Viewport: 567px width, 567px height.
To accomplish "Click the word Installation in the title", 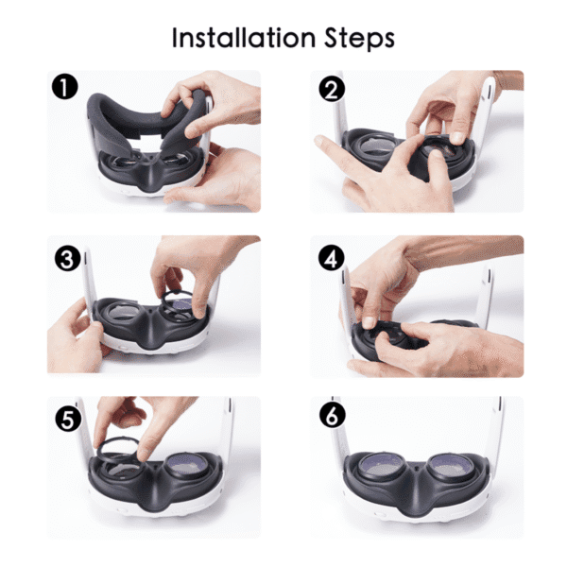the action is click(x=244, y=38).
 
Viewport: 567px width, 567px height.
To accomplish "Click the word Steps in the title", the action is click(x=359, y=39).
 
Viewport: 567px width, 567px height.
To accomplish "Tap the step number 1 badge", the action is click(x=65, y=88).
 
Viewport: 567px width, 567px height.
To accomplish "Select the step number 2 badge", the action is click(x=332, y=89).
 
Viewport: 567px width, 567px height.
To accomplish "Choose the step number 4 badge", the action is click(x=332, y=258).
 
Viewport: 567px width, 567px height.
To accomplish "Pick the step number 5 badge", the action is click(x=68, y=420).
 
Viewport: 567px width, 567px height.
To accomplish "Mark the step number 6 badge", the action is click(x=333, y=415).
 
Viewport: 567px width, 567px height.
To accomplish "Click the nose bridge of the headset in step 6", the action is click(x=415, y=485).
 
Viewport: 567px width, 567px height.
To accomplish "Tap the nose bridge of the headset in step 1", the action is click(x=149, y=173).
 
